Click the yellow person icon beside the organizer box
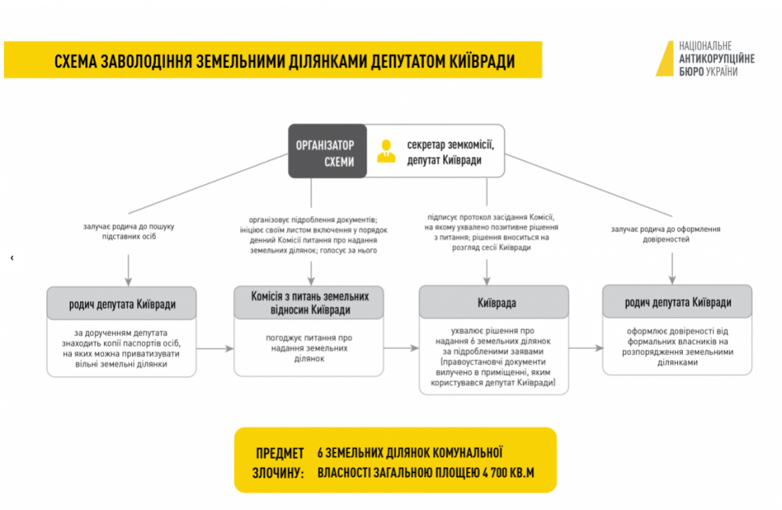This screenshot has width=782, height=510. click(x=387, y=150)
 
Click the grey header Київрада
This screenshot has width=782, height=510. click(x=493, y=302)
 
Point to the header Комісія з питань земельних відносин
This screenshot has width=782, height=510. click(x=309, y=302)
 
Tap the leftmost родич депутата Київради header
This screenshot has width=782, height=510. click(x=122, y=304)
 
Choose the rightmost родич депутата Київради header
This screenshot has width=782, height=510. click(x=677, y=302)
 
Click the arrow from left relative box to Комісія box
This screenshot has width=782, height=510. click(x=216, y=349)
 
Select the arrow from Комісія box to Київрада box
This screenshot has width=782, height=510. click(x=401, y=349)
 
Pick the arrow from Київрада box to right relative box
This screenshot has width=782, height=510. click(x=586, y=349)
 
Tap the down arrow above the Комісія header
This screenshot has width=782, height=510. click(x=311, y=272)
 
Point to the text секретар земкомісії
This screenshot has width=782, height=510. click(x=452, y=144)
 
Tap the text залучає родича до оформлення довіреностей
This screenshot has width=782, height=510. click(x=665, y=234)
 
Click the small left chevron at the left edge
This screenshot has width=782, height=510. click(x=11, y=258)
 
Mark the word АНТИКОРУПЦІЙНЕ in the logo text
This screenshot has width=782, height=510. click(x=716, y=59)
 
